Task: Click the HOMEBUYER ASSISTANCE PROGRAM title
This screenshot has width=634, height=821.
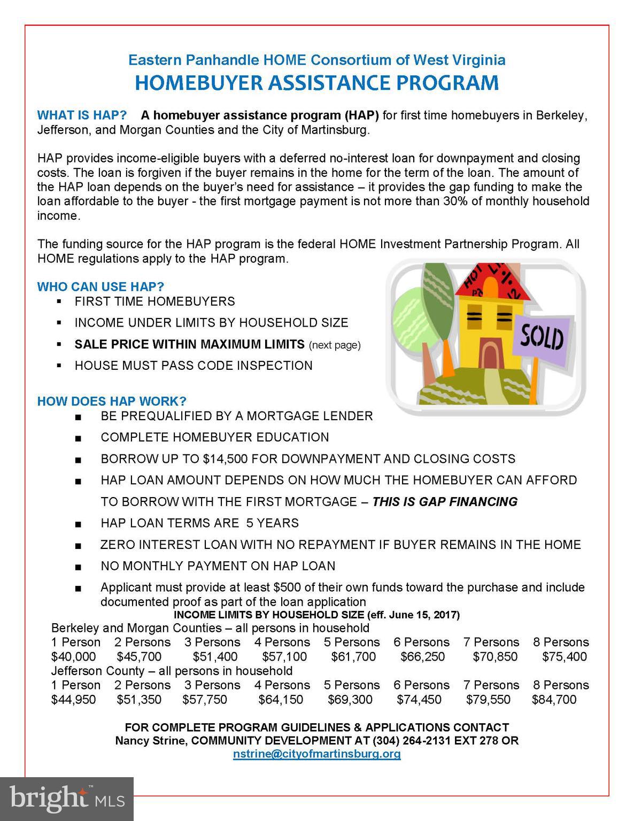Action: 316,83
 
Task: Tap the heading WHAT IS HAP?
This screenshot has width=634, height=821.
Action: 82,115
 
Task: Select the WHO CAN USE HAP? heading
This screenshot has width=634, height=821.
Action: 100,286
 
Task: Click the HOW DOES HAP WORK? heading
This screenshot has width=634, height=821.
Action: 112,401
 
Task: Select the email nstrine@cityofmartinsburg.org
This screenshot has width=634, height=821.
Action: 316,754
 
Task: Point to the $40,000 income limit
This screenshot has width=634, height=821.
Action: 74,656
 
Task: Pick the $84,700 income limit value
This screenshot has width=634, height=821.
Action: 554,699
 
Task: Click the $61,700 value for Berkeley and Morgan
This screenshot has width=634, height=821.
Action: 353,656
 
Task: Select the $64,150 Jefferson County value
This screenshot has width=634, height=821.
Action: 281,699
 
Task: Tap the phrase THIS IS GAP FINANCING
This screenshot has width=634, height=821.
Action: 445,501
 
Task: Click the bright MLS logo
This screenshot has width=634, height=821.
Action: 67,799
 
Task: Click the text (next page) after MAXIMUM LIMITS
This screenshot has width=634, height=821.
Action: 335,345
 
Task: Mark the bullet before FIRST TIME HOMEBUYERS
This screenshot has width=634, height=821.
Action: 59,301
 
